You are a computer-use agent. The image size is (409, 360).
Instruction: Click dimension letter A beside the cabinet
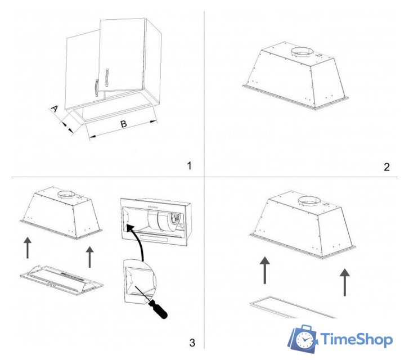pos(54,109)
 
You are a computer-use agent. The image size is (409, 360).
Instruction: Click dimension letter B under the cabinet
pos(124,124)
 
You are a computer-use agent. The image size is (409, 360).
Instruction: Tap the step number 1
pos(190,165)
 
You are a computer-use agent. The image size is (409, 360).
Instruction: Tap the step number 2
pos(386,167)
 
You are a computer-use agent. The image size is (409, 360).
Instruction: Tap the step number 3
pos(192,343)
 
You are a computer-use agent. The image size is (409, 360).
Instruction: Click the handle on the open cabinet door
pos(106,77)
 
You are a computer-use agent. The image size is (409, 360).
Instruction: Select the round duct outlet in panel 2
pos(302,52)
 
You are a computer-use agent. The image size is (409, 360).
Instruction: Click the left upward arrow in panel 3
pos(28,247)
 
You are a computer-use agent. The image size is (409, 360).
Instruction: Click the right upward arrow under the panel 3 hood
pos(89,257)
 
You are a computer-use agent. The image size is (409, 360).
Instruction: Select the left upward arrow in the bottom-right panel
pos(265,270)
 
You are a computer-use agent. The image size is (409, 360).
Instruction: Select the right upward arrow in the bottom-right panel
pos(345,282)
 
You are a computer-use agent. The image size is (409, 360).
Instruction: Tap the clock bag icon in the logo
pos(303,339)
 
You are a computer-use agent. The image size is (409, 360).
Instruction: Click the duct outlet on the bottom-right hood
pos(309,201)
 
